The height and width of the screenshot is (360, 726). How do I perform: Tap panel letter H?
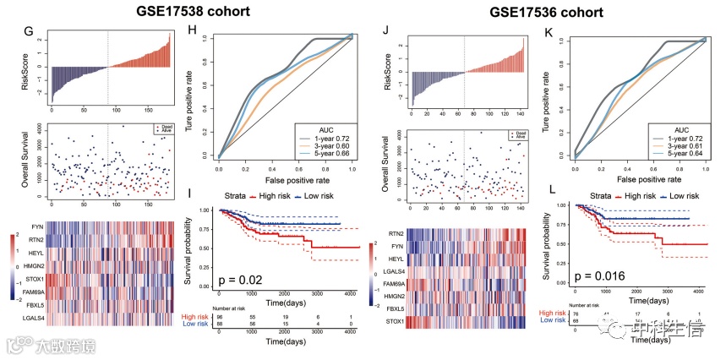click(192, 34)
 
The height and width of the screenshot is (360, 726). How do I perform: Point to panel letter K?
click(550, 34)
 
